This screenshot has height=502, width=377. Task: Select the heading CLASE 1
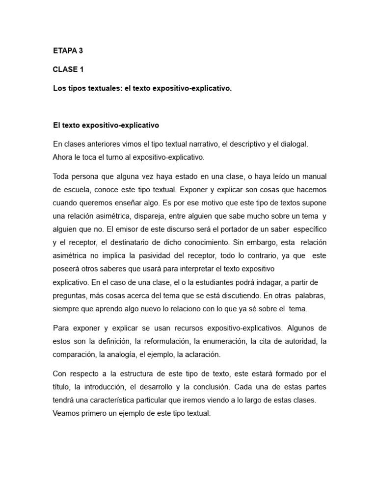click(68, 69)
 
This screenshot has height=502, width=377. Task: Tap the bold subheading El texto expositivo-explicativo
click(106, 125)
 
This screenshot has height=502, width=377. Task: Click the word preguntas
click(70, 296)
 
